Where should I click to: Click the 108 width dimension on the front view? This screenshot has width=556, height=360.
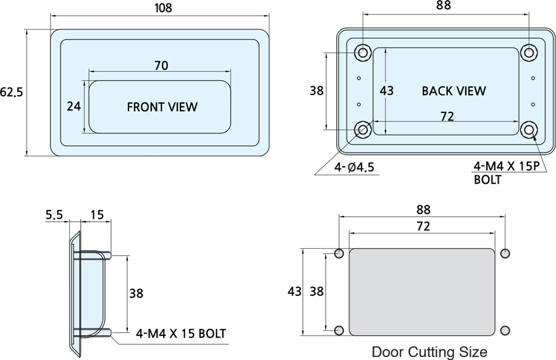click(162, 8)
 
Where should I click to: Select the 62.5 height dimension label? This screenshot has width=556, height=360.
click(11, 93)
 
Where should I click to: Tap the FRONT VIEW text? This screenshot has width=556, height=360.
click(162, 107)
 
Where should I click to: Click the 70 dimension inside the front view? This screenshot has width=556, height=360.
click(161, 65)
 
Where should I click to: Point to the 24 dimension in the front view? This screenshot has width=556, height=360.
click(74, 106)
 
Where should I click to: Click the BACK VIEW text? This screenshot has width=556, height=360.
click(453, 91)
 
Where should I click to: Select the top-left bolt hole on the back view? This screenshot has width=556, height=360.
click(363, 52)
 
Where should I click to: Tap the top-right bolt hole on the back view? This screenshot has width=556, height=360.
click(528, 52)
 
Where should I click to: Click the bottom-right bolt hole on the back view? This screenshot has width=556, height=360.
click(529, 130)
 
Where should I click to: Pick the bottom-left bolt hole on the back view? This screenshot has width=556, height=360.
click(363, 130)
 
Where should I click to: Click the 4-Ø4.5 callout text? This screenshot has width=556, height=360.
click(354, 167)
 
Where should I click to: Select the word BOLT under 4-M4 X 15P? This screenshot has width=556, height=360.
click(487, 180)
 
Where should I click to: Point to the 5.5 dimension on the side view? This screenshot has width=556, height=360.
click(54, 215)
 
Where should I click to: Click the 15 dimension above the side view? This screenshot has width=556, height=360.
click(97, 215)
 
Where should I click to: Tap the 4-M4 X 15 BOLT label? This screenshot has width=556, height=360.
click(180, 334)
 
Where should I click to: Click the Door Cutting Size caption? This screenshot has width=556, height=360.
click(429, 352)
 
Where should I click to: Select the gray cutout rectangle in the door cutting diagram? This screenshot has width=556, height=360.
click(422, 291)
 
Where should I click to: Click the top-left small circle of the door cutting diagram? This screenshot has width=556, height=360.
click(339, 253)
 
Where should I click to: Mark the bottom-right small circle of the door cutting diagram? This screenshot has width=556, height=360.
click(505, 329)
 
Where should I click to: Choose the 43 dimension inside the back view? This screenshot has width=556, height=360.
click(387, 91)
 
